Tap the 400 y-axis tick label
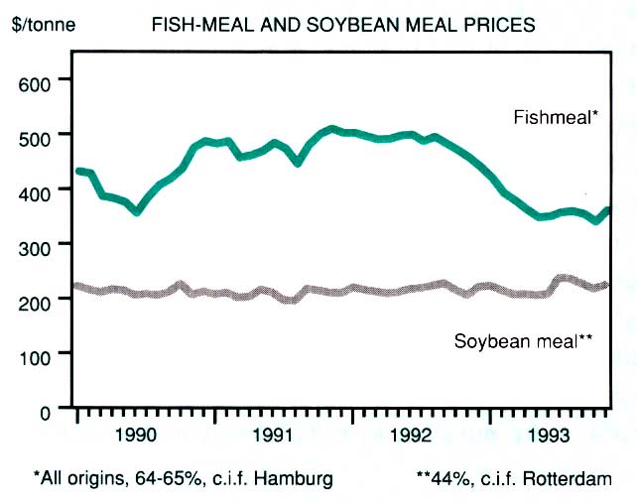pos(35,189)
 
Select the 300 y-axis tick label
pos(35,244)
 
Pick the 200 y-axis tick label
pos(35,299)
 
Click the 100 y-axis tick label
pos(35,353)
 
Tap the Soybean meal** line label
pos(524,341)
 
